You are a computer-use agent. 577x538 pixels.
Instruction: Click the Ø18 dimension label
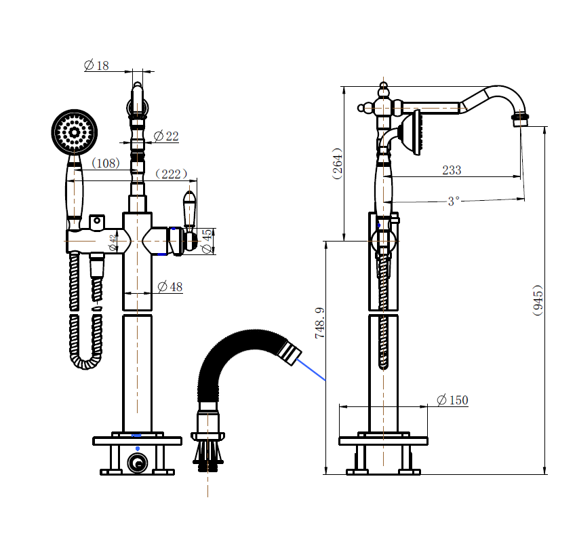tap(96, 66)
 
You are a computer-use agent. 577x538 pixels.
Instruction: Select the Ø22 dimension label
tap(165, 136)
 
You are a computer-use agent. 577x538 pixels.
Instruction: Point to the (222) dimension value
tap(172, 174)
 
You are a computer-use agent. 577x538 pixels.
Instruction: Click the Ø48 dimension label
tap(170, 287)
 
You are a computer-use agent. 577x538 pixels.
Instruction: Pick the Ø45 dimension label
tap(207, 241)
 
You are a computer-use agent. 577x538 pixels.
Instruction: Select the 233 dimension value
tap(452, 170)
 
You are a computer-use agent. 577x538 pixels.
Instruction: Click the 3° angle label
tap(454, 201)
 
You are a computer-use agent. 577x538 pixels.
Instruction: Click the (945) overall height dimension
tap(538, 301)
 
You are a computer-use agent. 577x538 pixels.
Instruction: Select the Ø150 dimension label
tap(452, 400)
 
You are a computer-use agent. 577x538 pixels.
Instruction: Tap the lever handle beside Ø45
tap(189, 210)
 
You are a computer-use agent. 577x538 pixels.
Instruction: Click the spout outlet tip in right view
tap(520, 120)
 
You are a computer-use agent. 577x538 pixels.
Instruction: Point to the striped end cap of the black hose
tap(289, 354)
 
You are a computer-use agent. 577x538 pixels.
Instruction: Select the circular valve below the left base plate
tap(138, 464)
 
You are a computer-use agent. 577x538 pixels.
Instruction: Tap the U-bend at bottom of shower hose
tap(86, 361)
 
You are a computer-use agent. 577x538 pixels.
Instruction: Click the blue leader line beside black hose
tap(312, 370)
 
